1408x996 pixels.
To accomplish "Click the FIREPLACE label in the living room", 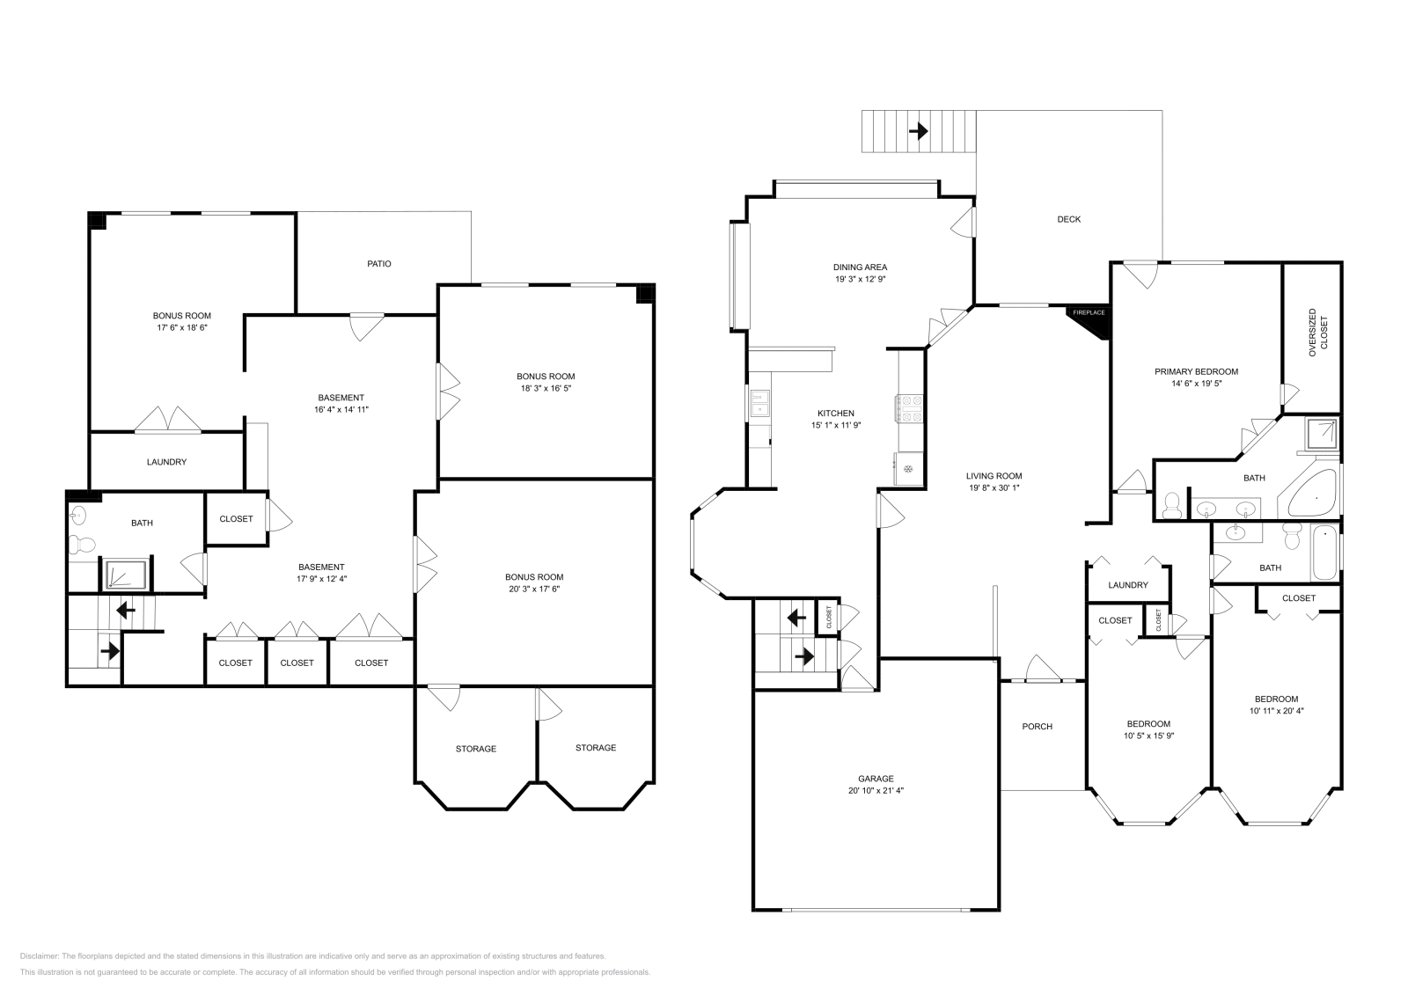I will click(x=1088, y=312).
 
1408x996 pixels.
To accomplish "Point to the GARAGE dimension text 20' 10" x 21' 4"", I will click(x=876, y=790).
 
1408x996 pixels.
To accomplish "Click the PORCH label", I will click(x=1037, y=727).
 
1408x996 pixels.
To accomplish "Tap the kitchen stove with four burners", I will click(x=909, y=408).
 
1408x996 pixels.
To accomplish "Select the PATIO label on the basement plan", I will click(x=379, y=264).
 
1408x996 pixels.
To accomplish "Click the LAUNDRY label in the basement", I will click(x=166, y=462).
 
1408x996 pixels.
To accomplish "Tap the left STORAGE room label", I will click(x=475, y=749).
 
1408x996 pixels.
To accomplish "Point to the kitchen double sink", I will click(x=759, y=405).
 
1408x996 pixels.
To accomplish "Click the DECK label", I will click(x=1068, y=219).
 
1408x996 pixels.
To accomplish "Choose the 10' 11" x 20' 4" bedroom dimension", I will click(x=1276, y=711).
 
